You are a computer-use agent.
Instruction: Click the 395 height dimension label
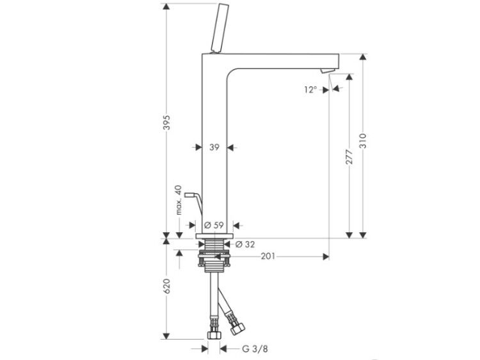(166, 122)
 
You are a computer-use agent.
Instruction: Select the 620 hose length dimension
(166, 286)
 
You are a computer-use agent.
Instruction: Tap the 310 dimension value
(363, 141)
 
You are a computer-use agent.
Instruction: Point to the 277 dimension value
(349, 157)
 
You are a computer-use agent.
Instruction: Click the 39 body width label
(214, 147)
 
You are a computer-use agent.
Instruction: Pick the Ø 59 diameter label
(214, 225)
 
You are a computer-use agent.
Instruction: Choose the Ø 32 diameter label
(245, 244)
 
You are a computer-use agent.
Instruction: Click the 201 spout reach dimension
(268, 256)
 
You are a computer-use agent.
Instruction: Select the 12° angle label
(310, 90)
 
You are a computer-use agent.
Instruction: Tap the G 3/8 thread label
(255, 348)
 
